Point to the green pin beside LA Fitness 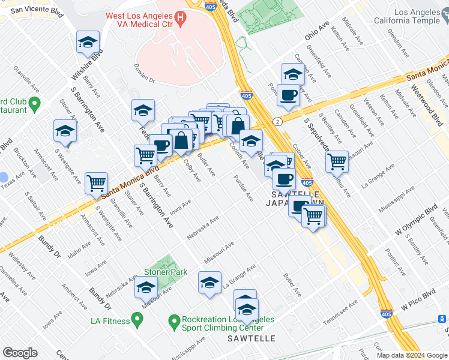click(x=137, y=321)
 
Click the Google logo click(x=20, y=353)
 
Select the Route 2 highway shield click(x=277, y=122)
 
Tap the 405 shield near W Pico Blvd click(x=387, y=313)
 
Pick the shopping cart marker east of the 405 click(x=337, y=161)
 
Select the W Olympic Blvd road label click(x=414, y=221)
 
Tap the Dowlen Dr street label click(x=145, y=73)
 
